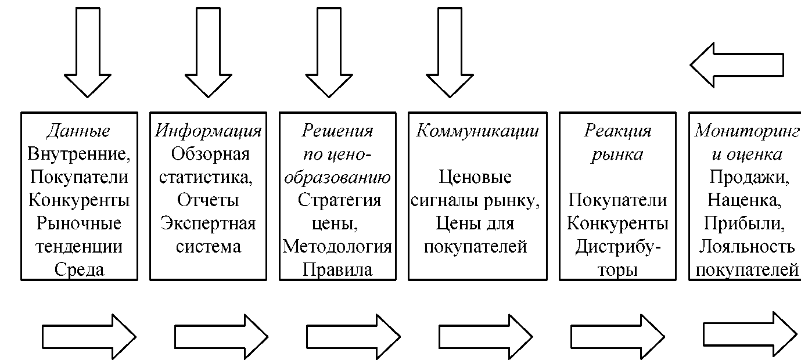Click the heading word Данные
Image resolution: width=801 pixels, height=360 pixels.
pyautogui.click(x=78, y=131)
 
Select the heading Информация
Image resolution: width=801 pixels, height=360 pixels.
pyautogui.click(x=208, y=131)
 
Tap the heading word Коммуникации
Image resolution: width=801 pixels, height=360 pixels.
pyautogui.click(x=477, y=131)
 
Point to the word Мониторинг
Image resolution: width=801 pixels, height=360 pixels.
pyautogui.click(x=747, y=131)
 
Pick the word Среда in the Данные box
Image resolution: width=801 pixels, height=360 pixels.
pyautogui.click(x=79, y=269)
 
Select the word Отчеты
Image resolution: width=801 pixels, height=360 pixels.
pyautogui.click(x=208, y=200)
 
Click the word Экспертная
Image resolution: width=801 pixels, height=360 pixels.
pyautogui.click(x=208, y=224)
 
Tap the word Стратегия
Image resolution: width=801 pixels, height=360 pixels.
pyautogui.click(x=339, y=201)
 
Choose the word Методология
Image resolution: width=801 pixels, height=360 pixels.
pyautogui.click(x=337, y=247)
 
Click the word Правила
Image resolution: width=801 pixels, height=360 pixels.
pyautogui.click(x=337, y=270)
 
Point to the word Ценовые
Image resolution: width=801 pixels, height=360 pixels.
pyautogui.click(x=475, y=177)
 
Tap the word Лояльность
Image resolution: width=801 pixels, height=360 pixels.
pyautogui.click(x=746, y=247)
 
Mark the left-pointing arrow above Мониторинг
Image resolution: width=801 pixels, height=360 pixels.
pyautogui.click(x=737, y=65)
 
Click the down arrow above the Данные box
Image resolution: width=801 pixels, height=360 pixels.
pyautogui.click(x=88, y=52)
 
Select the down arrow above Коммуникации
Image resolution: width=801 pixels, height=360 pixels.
pyautogui.click(x=450, y=52)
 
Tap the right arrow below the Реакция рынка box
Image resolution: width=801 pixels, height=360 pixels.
pyautogui.click(x=617, y=337)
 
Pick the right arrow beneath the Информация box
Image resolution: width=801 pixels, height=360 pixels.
pyautogui.click(x=221, y=337)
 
